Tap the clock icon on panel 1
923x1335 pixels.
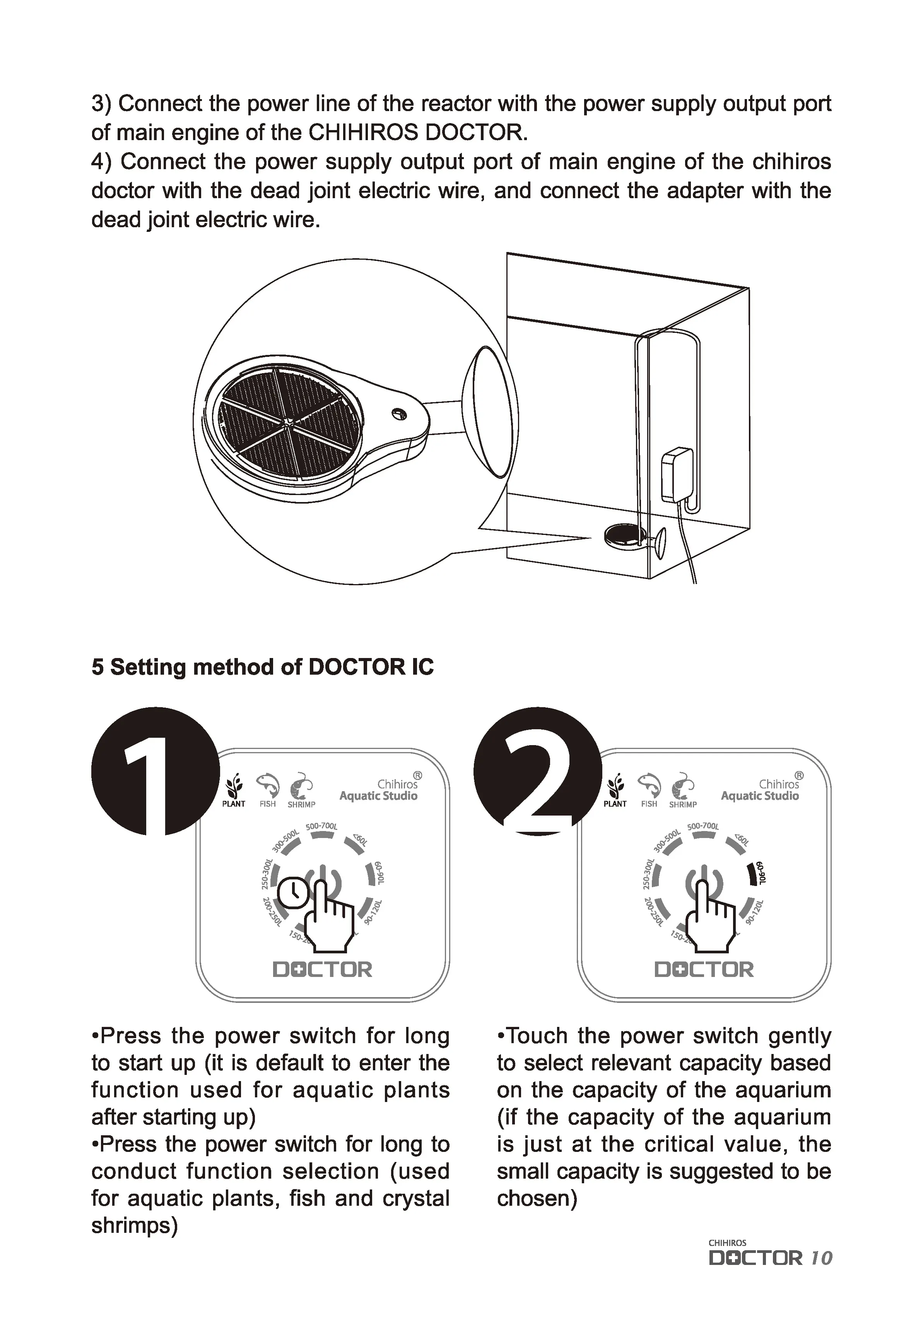[294, 893]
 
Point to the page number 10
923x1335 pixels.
[821, 1258]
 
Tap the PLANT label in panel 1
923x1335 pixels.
[234, 804]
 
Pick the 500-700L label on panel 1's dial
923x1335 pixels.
[321, 826]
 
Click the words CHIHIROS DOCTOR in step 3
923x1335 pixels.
[417, 132]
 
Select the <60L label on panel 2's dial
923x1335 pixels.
[742, 840]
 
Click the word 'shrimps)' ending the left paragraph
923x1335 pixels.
[134, 1225]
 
